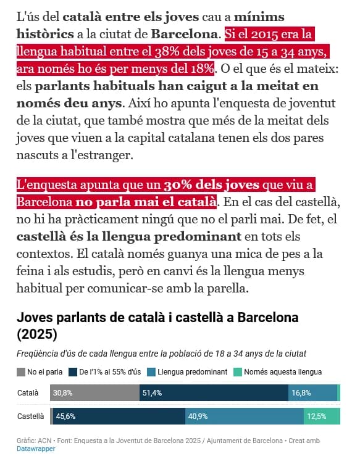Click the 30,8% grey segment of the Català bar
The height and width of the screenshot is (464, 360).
point(94,392)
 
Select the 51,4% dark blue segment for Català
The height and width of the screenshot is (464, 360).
point(214,392)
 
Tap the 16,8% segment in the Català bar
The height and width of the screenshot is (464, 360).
point(312,392)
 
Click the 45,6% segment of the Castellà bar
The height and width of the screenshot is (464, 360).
point(119,416)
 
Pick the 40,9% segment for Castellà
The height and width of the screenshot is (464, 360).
point(245,416)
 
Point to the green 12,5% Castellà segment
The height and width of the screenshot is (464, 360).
point(322,416)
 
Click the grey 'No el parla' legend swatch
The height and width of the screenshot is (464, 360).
point(21,372)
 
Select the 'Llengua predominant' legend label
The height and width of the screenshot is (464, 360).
point(193,372)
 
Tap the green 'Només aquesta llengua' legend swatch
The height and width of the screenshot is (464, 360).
point(238,372)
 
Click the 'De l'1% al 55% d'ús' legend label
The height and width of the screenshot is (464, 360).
point(110,372)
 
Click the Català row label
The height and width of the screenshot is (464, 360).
point(28,393)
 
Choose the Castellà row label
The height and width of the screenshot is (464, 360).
point(30,416)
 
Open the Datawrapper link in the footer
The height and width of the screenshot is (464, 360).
point(36,449)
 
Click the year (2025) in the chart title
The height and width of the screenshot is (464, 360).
point(37,334)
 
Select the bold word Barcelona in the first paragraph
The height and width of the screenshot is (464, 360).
point(185,35)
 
